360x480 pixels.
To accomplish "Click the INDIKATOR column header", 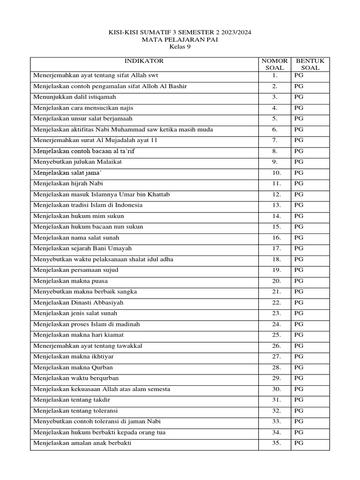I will pyautogui.click(x=144, y=61).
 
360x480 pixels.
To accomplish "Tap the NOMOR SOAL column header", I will pyautogui.click(x=274, y=64).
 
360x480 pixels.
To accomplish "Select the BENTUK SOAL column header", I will pyautogui.click(x=310, y=64).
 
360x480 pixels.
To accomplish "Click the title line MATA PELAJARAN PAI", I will pyautogui.click(x=180, y=40).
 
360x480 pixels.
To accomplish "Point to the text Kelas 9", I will pyautogui.click(x=180, y=47).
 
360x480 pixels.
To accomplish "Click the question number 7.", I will pyautogui.click(x=274, y=140).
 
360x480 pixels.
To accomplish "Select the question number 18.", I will pyautogui.click(x=275, y=259).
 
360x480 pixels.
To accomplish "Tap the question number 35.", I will pyautogui.click(x=275, y=443).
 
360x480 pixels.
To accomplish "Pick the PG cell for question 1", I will pyautogui.click(x=299, y=75).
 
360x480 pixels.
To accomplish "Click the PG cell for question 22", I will pyautogui.click(x=299, y=302).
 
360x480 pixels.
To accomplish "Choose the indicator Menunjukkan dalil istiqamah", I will pyautogui.click(x=75, y=97).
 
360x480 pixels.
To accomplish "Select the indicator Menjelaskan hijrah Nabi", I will pyautogui.click(x=70, y=183).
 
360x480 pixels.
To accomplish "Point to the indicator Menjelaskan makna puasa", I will pyautogui.click(x=71, y=281).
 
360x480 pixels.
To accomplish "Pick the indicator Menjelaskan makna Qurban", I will pyautogui.click(x=73, y=367).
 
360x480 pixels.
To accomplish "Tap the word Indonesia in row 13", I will pyautogui.click(x=127, y=205).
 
